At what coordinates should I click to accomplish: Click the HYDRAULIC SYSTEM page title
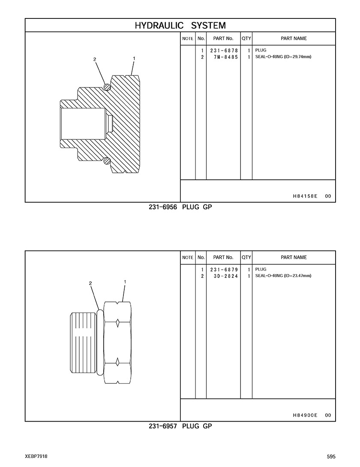[x=180, y=25]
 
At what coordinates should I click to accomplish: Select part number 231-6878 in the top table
[x=224, y=51]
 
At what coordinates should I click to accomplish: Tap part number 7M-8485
[x=226, y=57]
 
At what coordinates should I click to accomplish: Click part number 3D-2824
[x=226, y=276]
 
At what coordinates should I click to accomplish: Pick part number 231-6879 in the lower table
[x=224, y=270]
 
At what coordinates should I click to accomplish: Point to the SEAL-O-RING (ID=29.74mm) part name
[x=283, y=57]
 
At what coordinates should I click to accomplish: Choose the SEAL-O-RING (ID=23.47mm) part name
[x=283, y=275]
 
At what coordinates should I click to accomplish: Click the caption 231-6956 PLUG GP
[x=180, y=207]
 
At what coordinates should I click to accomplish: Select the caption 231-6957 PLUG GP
[x=180, y=426]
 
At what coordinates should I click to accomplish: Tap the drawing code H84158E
[x=305, y=196]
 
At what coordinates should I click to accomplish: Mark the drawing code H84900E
[x=305, y=415]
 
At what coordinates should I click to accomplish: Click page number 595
[x=331, y=457]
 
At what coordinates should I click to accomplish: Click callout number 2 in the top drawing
[x=95, y=59]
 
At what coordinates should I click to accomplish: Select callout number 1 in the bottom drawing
[x=125, y=281]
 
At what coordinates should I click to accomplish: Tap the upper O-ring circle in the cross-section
[x=107, y=87]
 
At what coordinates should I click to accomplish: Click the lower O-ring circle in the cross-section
[x=107, y=161]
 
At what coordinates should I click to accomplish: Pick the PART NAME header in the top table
[x=294, y=39]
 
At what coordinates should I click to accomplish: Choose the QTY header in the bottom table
[x=246, y=257]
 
